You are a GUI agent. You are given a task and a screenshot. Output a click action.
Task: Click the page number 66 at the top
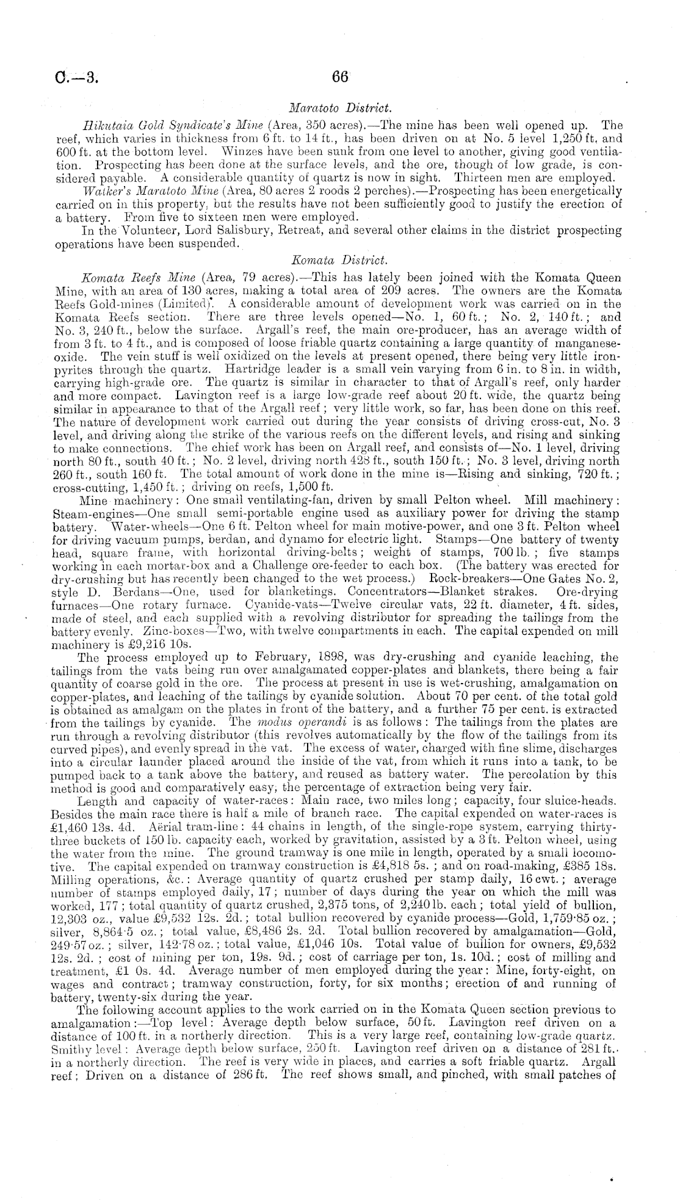coord(339,77)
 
